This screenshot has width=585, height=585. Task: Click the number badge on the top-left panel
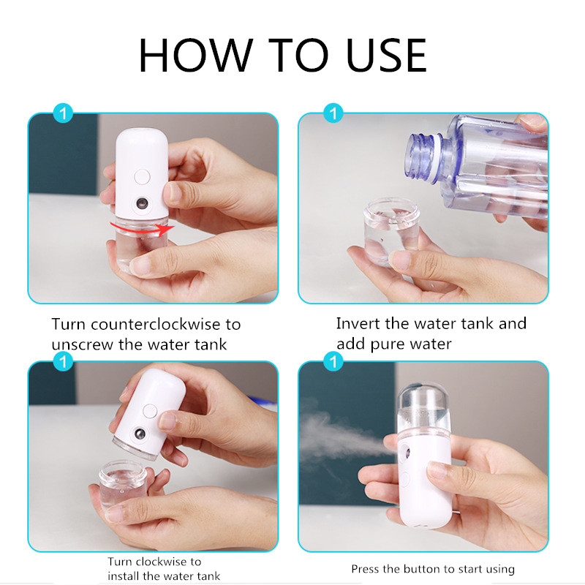pos(64,113)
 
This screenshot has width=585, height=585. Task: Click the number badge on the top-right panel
pos(334,113)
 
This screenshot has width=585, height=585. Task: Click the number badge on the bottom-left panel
pos(64,361)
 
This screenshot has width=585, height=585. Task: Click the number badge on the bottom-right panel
pos(334,361)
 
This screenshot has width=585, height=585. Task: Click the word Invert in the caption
pos(358,323)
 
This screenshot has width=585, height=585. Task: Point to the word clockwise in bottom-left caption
pos(162,562)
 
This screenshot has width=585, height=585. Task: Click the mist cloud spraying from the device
pos(336,431)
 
